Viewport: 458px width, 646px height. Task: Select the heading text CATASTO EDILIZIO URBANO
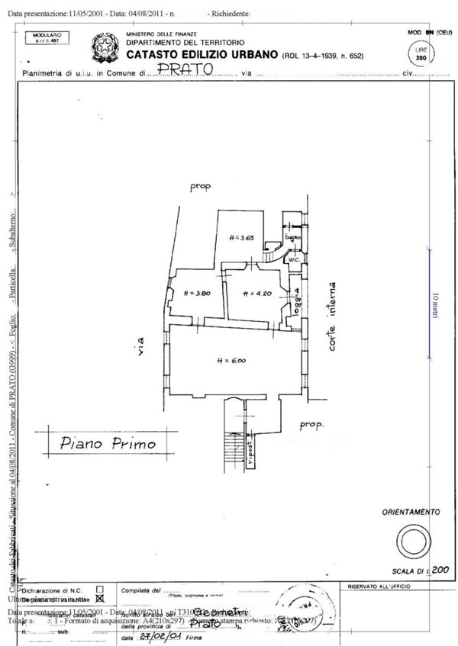[x=202, y=55]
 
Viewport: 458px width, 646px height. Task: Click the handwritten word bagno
[x=291, y=239]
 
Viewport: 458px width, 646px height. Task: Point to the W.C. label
[x=292, y=260]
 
